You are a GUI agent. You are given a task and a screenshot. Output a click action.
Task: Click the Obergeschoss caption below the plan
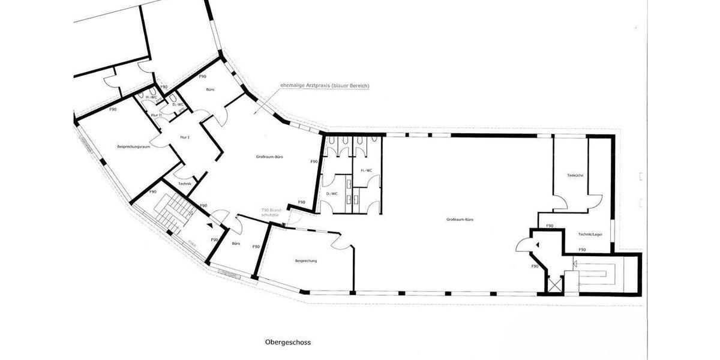click(288, 343)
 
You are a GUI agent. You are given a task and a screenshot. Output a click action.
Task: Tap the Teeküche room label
click(575, 175)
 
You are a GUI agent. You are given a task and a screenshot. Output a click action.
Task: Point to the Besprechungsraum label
click(133, 147)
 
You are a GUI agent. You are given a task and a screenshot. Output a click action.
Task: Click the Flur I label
click(184, 137)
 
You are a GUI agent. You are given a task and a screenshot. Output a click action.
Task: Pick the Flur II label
click(156, 115)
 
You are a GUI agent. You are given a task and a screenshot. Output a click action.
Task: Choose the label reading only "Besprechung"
click(306, 261)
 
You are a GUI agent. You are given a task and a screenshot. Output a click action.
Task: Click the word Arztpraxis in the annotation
click(317, 86)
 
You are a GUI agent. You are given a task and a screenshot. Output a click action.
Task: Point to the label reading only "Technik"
click(185, 183)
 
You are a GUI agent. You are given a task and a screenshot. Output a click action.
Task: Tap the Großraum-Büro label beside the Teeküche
click(460, 220)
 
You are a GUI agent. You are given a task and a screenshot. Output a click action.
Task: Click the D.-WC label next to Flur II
click(178, 105)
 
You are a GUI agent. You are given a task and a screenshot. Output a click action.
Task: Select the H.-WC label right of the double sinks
click(366, 170)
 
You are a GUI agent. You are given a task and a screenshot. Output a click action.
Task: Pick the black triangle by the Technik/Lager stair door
click(538, 244)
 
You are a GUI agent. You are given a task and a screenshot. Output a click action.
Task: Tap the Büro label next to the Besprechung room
click(236, 244)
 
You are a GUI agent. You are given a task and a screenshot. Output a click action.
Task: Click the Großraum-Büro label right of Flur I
click(270, 157)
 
